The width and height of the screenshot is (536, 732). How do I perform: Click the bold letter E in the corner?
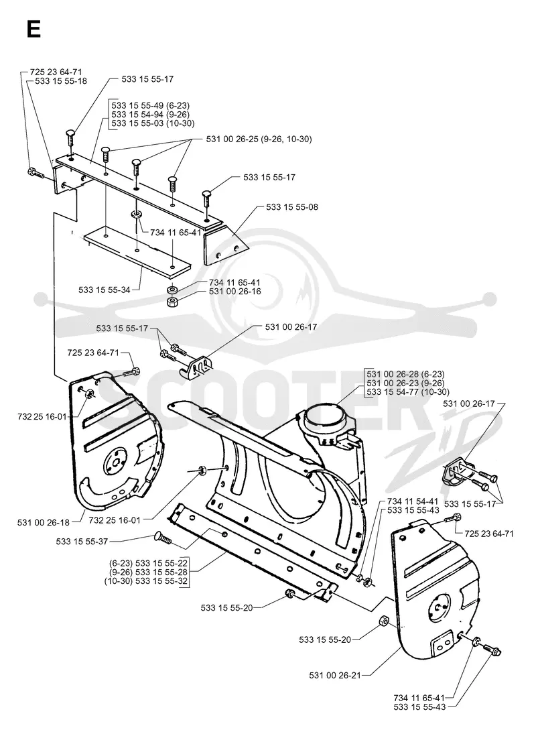click(x=34, y=29)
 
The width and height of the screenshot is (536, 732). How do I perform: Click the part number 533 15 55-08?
click(x=292, y=207)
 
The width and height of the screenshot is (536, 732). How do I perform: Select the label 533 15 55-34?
click(x=105, y=290)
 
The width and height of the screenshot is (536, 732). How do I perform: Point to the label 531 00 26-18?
click(x=44, y=522)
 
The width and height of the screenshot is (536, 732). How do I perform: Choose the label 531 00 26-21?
click(x=335, y=675)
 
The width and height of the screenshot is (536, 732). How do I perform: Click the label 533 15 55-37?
click(x=82, y=542)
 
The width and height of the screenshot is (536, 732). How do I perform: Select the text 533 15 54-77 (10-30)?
click(x=408, y=392)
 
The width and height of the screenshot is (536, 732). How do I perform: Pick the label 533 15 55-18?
click(x=61, y=80)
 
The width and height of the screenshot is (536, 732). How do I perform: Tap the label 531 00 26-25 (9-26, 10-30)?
click(x=259, y=139)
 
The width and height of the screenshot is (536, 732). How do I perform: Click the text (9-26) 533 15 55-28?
click(x=147, y=572)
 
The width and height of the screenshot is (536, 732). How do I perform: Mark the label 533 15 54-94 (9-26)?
click(x=151, y=115)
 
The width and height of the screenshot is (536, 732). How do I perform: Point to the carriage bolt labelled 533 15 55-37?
click(x=162, y=539)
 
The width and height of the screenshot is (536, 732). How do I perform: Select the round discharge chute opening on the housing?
click(x=323, y=414)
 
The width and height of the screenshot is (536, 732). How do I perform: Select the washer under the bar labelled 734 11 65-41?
click(x=137, y=215)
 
